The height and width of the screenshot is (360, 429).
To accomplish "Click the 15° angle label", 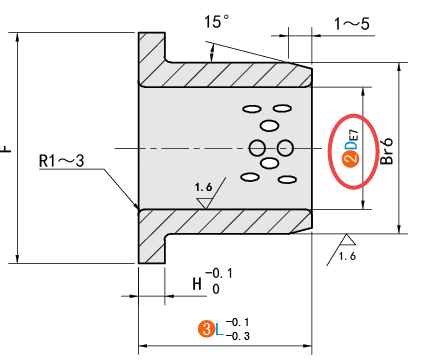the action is tap(216, 22).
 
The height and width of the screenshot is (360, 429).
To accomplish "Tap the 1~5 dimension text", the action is tap(352, 24).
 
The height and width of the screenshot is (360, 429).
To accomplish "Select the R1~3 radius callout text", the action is tap(61, 161).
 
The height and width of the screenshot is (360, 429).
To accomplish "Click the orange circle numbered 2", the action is tap(350, 160).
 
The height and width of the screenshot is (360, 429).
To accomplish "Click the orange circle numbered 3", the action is tap(207, 329).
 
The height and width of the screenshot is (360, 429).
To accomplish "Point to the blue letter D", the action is tap(350, 145).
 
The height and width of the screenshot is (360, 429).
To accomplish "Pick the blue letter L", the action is tap(219, 330).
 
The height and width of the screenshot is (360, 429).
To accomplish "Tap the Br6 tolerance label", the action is tap(387, 151).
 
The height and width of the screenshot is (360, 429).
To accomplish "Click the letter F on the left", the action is tap(6, 148).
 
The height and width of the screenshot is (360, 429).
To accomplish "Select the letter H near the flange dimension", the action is tap(197, 284).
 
